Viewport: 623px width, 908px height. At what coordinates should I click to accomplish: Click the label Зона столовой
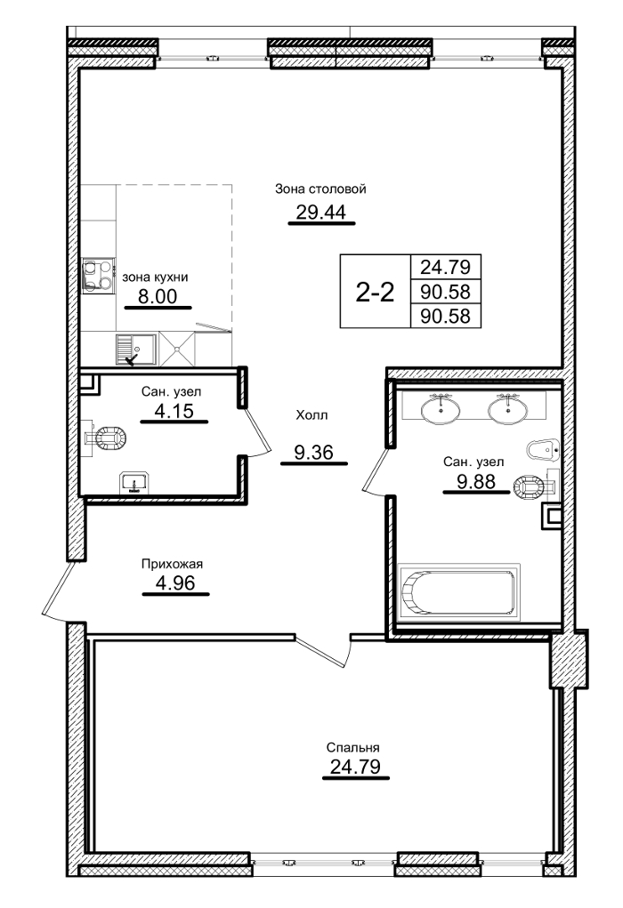[x=320, y=189]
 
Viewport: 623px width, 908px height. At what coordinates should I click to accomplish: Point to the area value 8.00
[x=158, y=297]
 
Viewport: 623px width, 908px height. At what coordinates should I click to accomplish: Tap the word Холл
[x=312, y=414]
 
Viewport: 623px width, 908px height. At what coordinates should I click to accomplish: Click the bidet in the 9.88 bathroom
[x=544, y=449]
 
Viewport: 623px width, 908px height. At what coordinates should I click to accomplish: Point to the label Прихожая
[x=174, y=563]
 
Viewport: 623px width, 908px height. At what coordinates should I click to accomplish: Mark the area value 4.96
[x=174, y=584]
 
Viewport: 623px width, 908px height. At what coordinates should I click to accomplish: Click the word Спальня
[x=355, y=747]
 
